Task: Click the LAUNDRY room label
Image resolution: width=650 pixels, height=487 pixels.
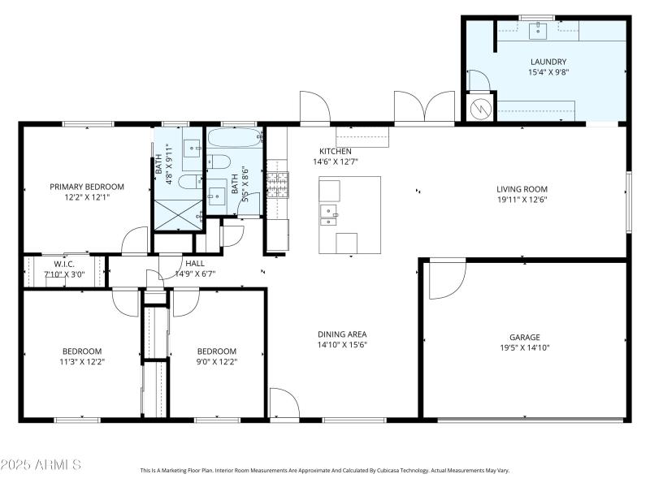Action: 548,62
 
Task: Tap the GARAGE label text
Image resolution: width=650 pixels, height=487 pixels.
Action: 524,337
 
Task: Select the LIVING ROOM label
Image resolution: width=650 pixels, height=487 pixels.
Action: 522,189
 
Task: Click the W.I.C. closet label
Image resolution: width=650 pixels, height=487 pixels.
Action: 64,263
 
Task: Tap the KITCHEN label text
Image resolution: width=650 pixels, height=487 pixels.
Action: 335,152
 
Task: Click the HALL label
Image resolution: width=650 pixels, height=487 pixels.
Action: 195,263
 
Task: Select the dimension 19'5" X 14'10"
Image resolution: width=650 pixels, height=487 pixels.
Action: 524,347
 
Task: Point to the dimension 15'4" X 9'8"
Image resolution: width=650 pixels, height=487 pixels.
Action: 548,72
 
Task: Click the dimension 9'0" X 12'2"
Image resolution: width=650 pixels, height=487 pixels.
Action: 217,362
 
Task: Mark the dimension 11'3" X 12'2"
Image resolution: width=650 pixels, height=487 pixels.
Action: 82,362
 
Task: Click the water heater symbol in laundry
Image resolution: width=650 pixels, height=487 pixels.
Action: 480,108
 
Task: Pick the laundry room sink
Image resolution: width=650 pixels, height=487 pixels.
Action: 537,31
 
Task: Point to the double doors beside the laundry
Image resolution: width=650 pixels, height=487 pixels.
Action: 424,108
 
